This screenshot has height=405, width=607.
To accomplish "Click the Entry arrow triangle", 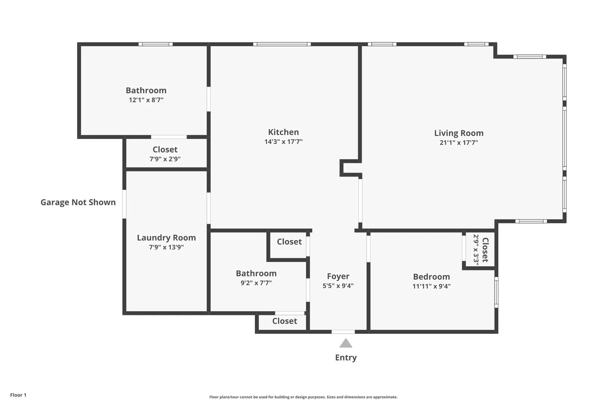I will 345,343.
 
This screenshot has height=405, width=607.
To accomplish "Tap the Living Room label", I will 459,133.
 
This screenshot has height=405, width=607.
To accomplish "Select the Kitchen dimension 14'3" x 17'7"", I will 283,142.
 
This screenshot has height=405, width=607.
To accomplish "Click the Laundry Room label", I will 166,238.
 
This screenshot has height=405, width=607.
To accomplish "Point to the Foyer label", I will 338,276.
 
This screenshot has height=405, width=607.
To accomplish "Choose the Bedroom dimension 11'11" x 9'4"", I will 431,286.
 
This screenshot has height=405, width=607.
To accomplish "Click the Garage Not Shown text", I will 78,202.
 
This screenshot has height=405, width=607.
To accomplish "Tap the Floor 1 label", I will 18,395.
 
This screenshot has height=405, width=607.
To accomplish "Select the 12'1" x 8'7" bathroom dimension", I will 146,100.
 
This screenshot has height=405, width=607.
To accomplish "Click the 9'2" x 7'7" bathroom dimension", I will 256,283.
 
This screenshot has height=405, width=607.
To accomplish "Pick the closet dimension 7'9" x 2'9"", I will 165,159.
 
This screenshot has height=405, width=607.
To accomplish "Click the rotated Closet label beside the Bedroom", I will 485,250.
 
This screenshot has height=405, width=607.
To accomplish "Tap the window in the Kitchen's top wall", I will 282,44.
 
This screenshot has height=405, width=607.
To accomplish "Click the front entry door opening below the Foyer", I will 343,332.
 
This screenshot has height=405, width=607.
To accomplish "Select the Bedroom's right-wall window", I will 496,292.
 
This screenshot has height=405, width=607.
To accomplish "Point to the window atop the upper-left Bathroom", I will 155,44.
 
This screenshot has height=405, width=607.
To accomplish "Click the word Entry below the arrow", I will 345,358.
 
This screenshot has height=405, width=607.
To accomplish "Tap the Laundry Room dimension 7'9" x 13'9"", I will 166,247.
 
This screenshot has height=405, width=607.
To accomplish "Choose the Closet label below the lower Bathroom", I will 284,321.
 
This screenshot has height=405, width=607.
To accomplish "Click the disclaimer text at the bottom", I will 303,397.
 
